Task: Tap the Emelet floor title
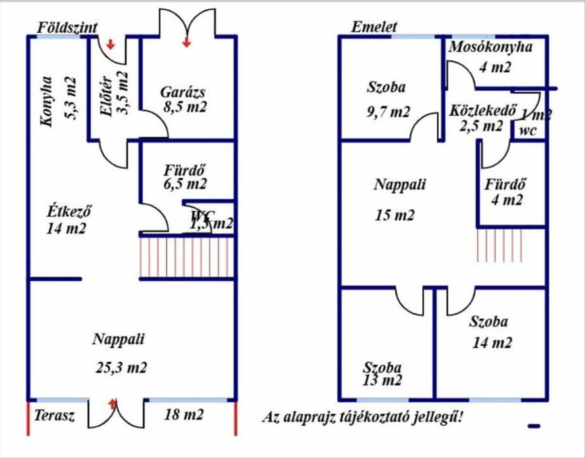(x=374, y=27)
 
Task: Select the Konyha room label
(x=47, y=101)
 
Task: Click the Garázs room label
(x=183, y=92)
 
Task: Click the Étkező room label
(x=69, y=212)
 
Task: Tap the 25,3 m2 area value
(x=121, y=367)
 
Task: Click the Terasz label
(x=54, y=416)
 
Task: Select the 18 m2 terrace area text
(x=184, y=415)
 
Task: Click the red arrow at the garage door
(x=186, y=43)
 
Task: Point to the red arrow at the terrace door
(x=113, y=403)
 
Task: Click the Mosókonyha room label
(x=490, y=47)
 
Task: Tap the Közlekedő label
(x=483, y=110)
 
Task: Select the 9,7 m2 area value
(x=388, y=112)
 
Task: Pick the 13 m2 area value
(x=382, y=380)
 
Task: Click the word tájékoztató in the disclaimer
(x=378, y=417)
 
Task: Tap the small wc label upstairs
(x=528, y=131)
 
